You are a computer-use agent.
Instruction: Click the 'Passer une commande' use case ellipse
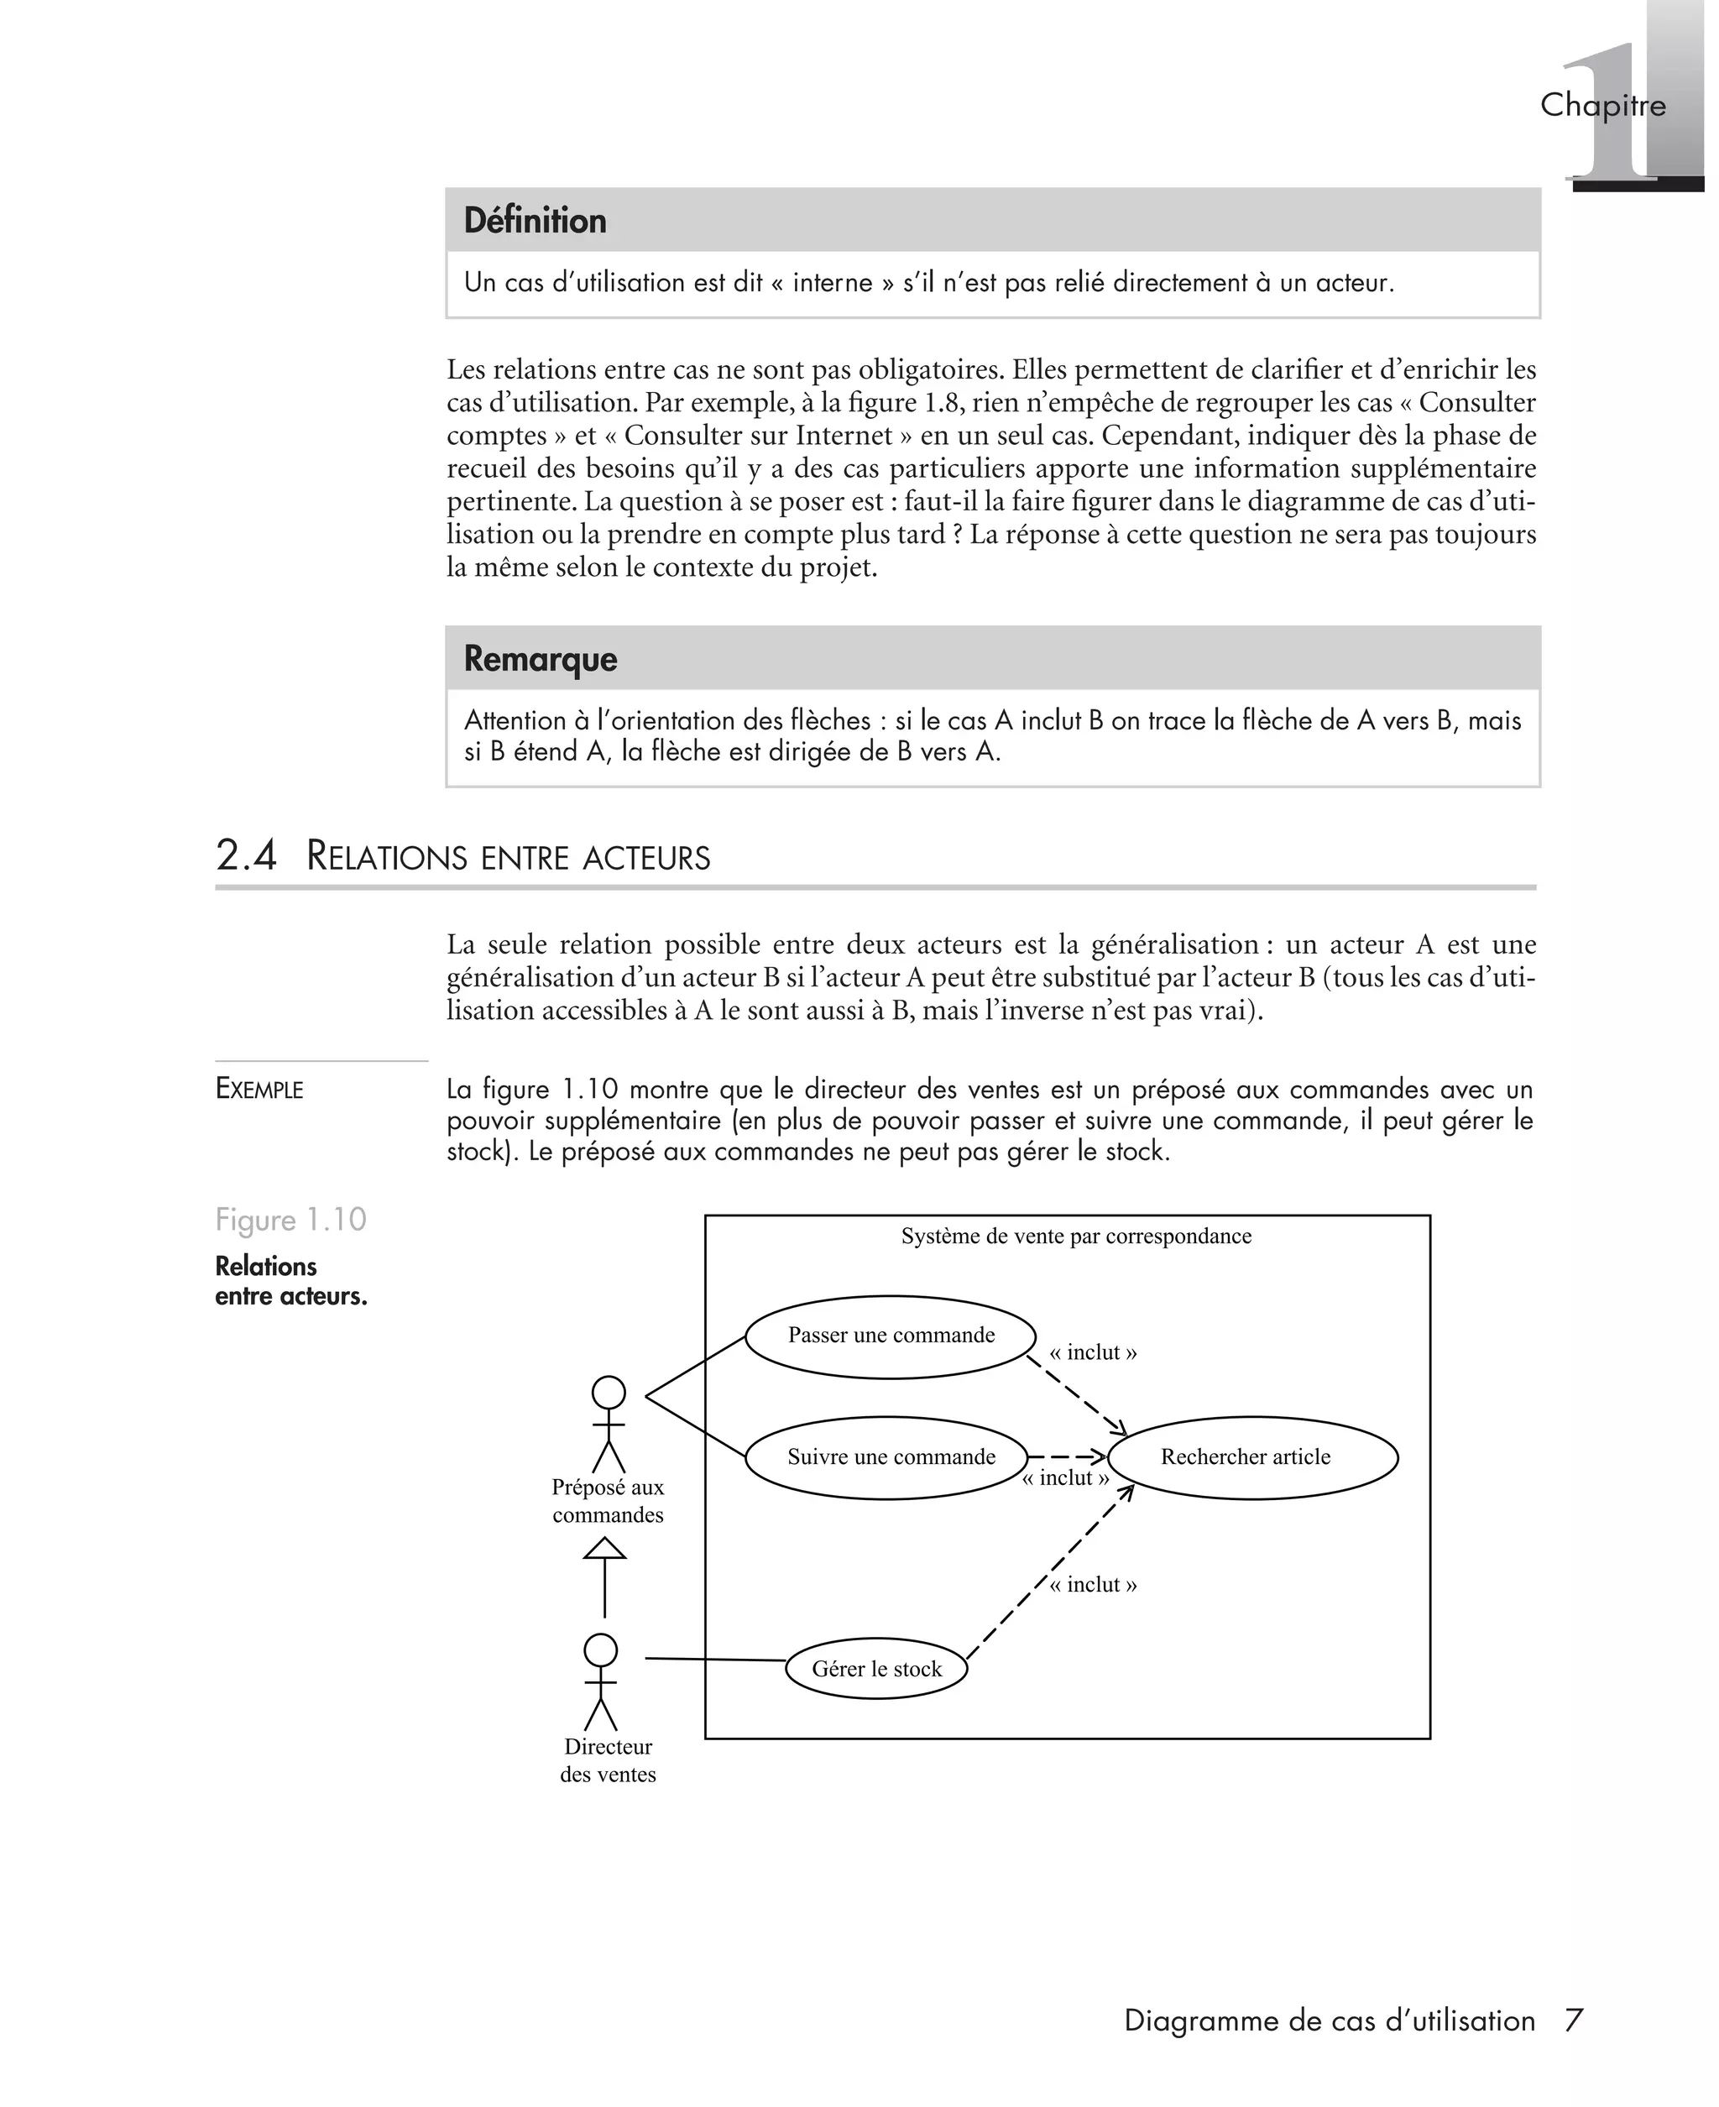[891, 1336]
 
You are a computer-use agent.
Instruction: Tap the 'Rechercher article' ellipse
[1251, 1457]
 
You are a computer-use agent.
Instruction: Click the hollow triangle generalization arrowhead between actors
[604, 1549]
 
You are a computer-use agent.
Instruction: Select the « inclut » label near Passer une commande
[1093, 1352]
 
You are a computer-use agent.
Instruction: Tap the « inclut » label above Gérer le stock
[1093, 1584]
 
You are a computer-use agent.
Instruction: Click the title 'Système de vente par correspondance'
[1075, 1236]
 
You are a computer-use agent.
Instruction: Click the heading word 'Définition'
[535, 220]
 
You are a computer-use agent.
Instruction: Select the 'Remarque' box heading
[540, 658]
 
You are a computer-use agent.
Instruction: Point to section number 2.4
[246, 855]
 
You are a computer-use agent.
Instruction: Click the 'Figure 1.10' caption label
[290, 1219]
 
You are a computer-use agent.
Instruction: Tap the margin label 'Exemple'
[259, 1089]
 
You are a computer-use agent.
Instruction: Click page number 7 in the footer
[1574, 2020]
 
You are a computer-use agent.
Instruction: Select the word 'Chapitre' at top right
[1602, 105]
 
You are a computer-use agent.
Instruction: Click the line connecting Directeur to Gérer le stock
[715, 1659]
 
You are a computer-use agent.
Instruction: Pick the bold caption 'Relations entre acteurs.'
[290, 1281]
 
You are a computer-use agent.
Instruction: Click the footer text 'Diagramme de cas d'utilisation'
[1329, 2021]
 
